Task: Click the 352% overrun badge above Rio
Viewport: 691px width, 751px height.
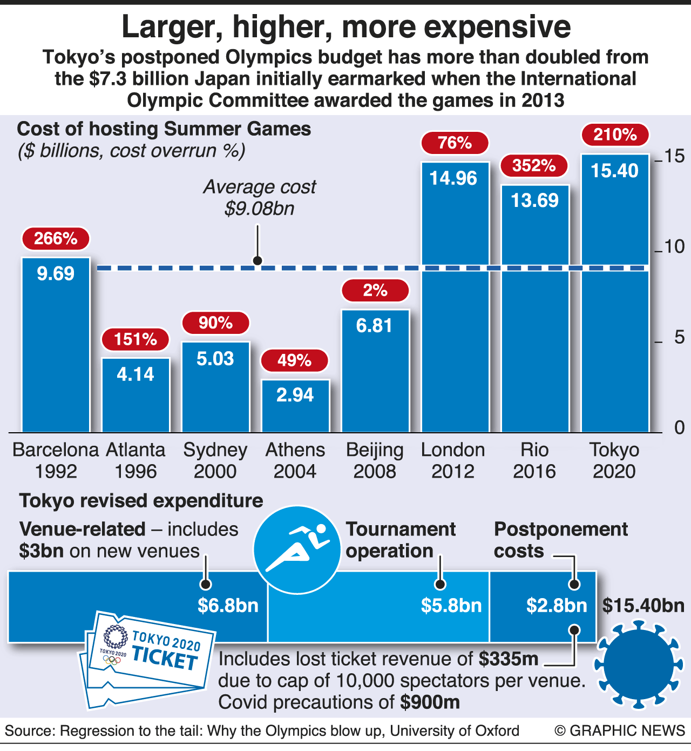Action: coord(534,165)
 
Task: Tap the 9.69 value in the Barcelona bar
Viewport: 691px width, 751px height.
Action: coord(56,273)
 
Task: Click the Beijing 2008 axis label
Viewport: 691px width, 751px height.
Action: coord(375,460)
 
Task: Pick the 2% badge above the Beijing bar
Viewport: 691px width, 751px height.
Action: coord(375,290)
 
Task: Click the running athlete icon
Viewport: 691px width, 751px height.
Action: coord(297,549)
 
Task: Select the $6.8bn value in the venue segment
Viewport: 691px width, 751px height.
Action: coord(228,606)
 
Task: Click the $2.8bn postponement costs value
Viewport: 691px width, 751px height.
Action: coord(557,606)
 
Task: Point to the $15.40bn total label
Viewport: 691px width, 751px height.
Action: coord(643,606)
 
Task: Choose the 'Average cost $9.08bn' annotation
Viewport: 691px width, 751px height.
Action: coord(260,198)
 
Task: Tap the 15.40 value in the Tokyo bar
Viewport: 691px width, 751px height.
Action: coord(614,171)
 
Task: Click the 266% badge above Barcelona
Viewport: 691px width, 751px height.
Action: coord(56,238)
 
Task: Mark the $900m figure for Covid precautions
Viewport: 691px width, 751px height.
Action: coord(430,702)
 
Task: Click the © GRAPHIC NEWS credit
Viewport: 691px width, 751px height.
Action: coord(619,731)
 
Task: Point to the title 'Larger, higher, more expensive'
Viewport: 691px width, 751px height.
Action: coord(346,27)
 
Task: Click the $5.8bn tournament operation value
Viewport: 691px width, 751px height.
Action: coord(451,606)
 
